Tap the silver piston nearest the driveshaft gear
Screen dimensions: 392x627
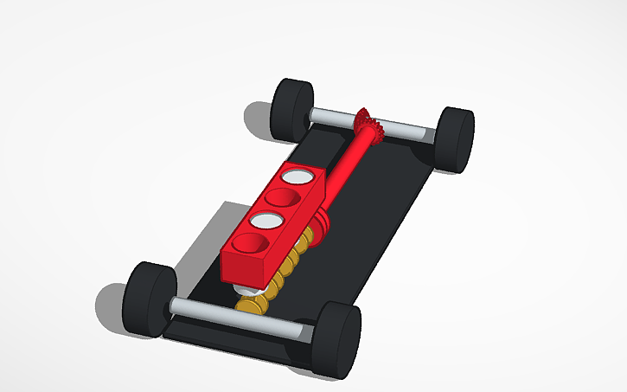click(298, 177)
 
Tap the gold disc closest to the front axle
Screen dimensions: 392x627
click(250, 304)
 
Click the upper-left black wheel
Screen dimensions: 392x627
click(291, 108)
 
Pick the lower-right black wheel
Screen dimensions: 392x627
click(338, 340)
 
